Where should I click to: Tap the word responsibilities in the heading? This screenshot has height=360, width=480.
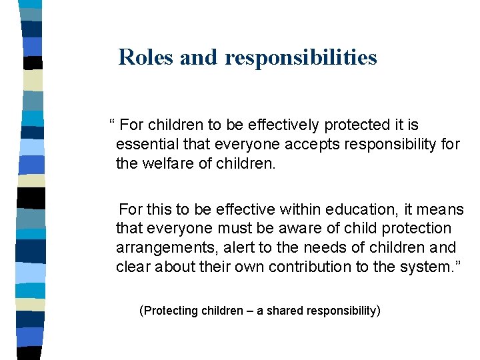pos(301,58)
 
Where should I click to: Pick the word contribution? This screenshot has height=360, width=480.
pos(312,267)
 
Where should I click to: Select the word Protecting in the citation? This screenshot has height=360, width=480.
pos(171,311)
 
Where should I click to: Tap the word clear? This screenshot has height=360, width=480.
pos(133,267)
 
